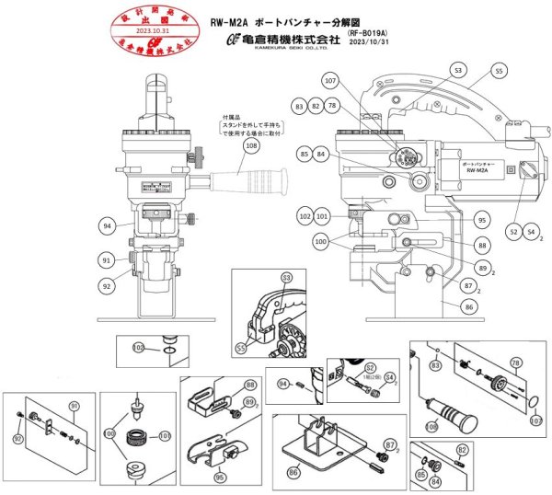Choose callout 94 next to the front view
pyautogui.click(x=109, y=224)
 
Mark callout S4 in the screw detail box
pyautogui.click(x=389, y=376)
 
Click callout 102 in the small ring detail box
pyautogui.click(x=138, y=347)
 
